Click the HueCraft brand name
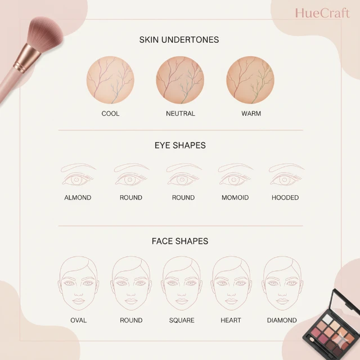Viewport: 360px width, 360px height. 322,13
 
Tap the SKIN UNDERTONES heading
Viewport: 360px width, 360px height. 179,40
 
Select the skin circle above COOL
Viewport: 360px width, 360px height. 110,80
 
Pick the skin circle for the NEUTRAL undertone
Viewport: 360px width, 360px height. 180,80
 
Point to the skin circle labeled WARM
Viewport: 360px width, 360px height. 250,80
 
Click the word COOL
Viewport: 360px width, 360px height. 110,114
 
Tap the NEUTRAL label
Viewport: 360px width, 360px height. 181,114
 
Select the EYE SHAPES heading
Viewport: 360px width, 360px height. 180,145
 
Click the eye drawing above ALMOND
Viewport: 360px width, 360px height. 78,174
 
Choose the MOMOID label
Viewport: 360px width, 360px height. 235,197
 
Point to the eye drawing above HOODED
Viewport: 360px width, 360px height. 286,174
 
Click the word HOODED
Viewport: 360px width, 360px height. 285,197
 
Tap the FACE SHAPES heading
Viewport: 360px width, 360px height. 180,241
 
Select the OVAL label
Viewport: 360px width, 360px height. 79,320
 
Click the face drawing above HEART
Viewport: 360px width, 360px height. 231,283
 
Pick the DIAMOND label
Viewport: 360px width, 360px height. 282,320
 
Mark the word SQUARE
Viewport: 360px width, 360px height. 182,320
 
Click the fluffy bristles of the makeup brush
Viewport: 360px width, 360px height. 45,31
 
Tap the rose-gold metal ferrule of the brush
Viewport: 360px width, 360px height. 27,58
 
